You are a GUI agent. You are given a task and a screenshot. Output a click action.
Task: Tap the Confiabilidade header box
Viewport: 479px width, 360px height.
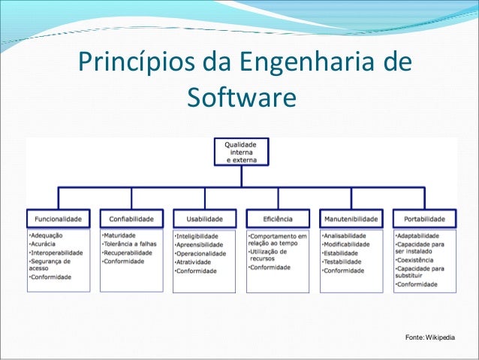click(x=131, y=219)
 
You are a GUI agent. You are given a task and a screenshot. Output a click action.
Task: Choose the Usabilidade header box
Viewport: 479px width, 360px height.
click(x=204, y=219)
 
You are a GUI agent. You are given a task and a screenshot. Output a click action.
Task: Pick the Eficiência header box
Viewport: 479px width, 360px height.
click(x=277, y=219)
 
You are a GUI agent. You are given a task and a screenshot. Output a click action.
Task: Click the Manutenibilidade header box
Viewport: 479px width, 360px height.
click(x=351, y=219)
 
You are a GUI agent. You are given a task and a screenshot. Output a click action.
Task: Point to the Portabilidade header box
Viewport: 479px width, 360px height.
click(x=423, y=219)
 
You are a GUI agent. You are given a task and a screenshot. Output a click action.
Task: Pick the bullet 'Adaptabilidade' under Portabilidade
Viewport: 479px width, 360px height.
click(x=419, y=235)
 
